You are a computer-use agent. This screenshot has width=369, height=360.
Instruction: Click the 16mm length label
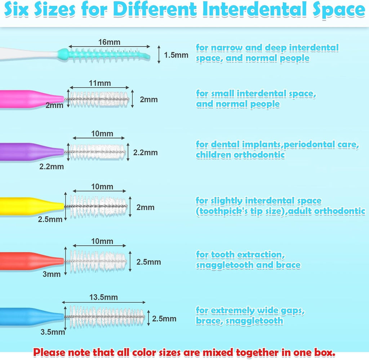[x=109, y=42]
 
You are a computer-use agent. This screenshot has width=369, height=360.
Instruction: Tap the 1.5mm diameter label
[x=176, y=55]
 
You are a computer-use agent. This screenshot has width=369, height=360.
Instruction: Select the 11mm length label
[x=100, y=84]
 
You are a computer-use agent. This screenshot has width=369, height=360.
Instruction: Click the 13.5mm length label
[x=104, y=297]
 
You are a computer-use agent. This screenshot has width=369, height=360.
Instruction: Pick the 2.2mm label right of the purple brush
[x=145, y=152]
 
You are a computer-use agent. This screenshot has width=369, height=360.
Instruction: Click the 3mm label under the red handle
[x=52, y=274]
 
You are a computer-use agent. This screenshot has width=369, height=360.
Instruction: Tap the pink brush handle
[x=29, y=99]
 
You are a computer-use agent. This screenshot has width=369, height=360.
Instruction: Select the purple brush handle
[x=29, y=152]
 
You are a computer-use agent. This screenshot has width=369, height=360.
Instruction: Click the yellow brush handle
[x=29, y=206]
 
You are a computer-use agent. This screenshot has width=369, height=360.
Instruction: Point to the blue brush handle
[x=29, y=316]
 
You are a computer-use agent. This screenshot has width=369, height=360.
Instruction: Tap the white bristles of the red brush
[x=97, y=261]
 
